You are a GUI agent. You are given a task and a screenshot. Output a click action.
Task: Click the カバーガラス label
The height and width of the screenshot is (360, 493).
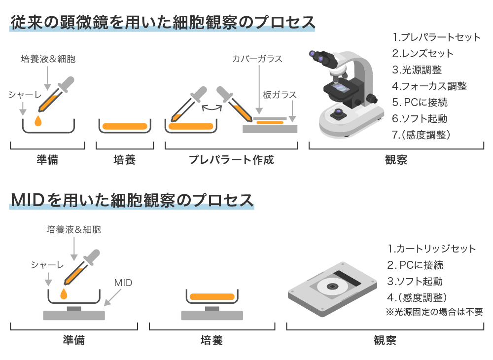click(x=257, y=59)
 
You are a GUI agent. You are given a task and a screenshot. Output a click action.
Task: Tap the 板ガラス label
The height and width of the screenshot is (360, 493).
click(x=280, y=95)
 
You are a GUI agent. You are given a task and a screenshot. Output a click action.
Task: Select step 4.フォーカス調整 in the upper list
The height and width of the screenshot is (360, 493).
click(x=429, y=86)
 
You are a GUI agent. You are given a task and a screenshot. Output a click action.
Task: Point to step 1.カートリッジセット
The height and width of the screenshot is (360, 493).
click(x=432, y=249)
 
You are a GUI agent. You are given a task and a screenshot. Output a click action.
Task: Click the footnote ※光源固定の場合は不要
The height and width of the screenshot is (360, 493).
click(x=434, y=312)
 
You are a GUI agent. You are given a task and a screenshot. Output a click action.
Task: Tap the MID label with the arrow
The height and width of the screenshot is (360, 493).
click(x=123, y=283)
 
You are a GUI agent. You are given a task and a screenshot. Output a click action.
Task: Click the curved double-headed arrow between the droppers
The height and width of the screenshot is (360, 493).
click(x=211, y=108)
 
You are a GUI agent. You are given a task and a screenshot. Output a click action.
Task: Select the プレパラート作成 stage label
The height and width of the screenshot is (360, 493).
click(x=231, y=160)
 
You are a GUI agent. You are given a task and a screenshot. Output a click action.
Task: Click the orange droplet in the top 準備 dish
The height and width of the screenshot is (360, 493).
click(x=38, y=121)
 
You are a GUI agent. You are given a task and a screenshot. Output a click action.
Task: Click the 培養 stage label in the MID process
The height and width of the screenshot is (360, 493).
click(x=211, y=340)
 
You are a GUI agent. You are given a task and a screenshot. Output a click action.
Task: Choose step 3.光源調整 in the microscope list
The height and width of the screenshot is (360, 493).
click(x=417, y=70)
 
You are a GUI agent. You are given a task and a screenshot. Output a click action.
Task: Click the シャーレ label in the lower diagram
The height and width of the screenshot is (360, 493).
click(x=47, y=265)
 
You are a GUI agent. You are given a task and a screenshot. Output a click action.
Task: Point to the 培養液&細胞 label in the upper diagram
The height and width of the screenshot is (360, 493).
click(x=48, y=59)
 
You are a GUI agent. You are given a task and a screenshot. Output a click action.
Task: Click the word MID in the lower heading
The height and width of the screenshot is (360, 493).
click(x=28, y=200)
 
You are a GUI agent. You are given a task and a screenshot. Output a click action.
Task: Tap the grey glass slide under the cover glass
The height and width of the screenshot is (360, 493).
click(x=270, y=129)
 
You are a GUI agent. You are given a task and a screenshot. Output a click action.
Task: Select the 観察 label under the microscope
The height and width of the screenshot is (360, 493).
click(x=396, y=160)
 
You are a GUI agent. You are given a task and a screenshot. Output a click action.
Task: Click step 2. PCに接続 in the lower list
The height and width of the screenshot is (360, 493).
click(x=415, y=265)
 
